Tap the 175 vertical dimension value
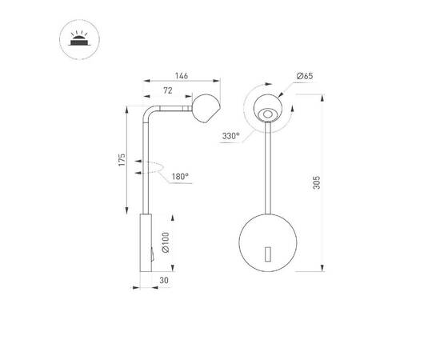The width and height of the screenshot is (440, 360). (122, 160)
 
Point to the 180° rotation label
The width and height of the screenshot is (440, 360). (178, 176)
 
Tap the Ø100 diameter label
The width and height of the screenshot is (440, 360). (165, 242)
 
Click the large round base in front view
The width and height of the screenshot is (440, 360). (267, 241)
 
